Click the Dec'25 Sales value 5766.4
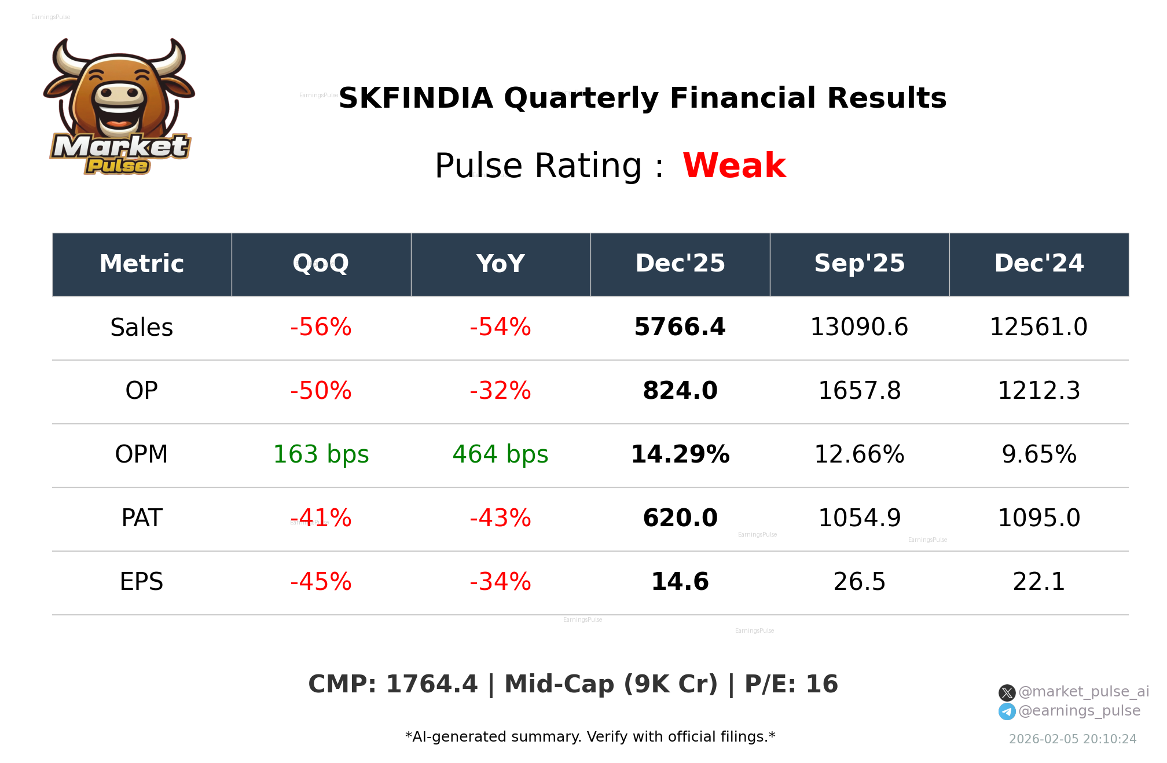point(680,327)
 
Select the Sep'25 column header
point(859,263)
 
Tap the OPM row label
point(141,454)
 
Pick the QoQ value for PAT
point(321,518)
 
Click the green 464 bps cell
point(500,454)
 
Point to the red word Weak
point(733,166)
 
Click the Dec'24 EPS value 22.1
point(1038,582)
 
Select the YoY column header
point(500,263)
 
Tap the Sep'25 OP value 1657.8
point(859,391)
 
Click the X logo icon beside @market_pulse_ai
point(1007,692)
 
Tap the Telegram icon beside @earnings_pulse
point(1007,711)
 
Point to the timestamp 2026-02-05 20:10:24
point(1072,739)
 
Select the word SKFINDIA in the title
point(415,98)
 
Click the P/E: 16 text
point(791,684)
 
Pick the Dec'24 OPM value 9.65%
point(1038,454)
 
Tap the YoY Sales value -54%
point(500,327)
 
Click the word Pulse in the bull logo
point(118,166)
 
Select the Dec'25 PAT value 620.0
point(680,518)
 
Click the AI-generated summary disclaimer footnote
point(590,737)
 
